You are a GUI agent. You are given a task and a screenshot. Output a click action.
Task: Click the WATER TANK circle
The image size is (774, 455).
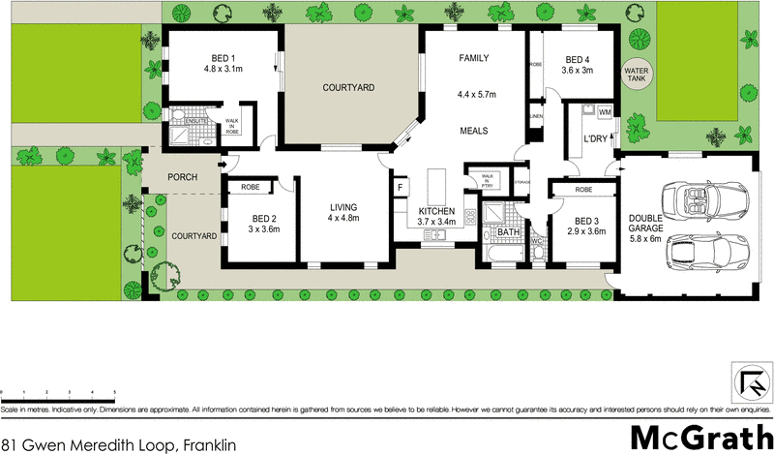click(x=636, y=74)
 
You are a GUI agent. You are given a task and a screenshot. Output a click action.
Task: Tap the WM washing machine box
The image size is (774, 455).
click(x=606, y=113)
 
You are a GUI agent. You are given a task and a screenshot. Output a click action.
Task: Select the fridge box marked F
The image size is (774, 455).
click(x=399, y=188)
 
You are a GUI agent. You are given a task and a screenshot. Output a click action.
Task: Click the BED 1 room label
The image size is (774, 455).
click(x=223, y=57)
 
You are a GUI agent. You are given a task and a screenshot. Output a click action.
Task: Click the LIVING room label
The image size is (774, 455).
click(x=344, y=207)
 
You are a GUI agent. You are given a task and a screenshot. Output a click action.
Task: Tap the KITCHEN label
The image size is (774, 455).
click(x=436, y=211)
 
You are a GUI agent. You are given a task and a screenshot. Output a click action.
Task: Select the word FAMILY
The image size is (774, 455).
click(x=474, y=57)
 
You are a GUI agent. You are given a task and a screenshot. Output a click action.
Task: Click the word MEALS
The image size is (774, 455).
click(x=473, y=131)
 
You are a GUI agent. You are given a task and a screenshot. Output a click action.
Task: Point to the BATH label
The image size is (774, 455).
click(x=509, y=232)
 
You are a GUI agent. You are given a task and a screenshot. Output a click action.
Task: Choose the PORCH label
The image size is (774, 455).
click(x=183, y=177)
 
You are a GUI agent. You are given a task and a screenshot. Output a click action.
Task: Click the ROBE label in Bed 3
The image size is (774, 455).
click(x=582, y=190)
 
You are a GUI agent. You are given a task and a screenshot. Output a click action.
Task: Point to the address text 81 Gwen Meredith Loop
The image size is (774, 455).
click(x=111, y=444)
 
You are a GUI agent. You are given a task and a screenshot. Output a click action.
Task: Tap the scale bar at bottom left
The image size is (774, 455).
click(x=59, y=390)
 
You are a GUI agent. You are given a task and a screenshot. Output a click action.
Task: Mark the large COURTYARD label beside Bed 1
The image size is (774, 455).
click(x=349, y=88)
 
